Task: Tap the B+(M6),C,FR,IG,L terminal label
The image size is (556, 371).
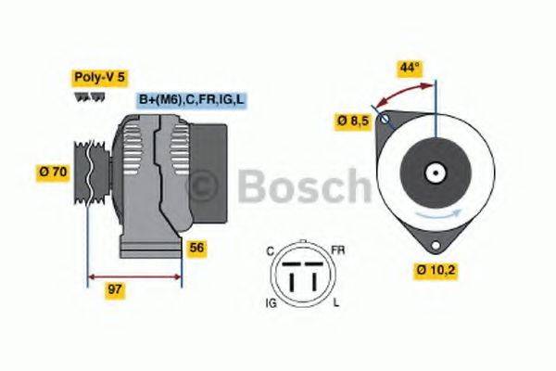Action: (x=191, y=99)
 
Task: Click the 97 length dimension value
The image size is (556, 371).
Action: (x=114, y=290)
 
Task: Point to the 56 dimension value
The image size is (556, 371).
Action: (x=196, y=249)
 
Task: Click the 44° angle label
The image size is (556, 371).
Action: (x=410, y=68)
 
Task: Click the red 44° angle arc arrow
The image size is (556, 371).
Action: (x=401, y=91)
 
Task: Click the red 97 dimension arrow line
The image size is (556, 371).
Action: (x=134, y=275)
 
